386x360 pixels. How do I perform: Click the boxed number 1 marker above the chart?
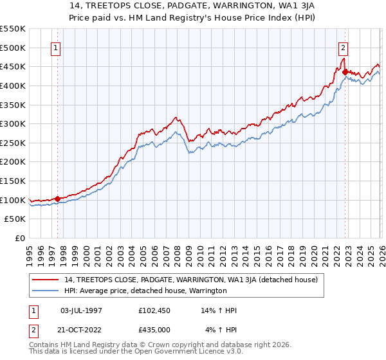[57, 48]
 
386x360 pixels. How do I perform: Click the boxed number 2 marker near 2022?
[344, 48]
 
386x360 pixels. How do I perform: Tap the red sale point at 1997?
[57, 199]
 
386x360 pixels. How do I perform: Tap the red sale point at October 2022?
[345, 72]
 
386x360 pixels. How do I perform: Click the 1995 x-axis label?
[29, 253]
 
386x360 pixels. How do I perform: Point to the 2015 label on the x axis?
[256, 253]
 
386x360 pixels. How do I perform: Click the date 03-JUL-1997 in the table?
[81, 310]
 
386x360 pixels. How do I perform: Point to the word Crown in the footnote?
[160, 346]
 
